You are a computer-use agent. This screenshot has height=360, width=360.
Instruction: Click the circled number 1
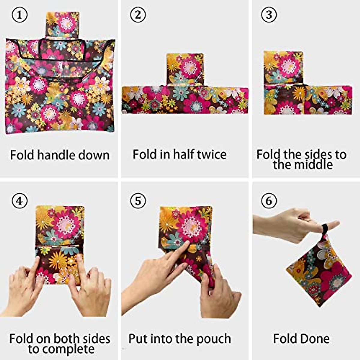click(x=19, y=15)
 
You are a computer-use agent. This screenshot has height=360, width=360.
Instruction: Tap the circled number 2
click(x=138, y=15)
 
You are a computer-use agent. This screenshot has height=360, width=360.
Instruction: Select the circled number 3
click(x=269, y=15)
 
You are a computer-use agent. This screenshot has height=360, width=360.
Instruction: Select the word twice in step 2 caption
click(x=211, y=154)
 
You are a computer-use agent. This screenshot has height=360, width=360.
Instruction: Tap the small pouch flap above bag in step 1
click(x=63, y=24)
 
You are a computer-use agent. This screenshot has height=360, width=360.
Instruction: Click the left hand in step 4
click(x=24, y=288)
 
